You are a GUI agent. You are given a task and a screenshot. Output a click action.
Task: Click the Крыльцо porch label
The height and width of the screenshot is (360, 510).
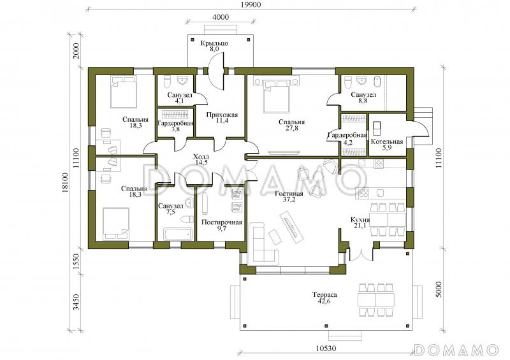[214, 43]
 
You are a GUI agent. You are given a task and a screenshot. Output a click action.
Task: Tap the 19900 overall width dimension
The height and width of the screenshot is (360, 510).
[251, 4]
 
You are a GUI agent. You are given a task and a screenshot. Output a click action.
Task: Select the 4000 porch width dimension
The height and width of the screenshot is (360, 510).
[221, 17]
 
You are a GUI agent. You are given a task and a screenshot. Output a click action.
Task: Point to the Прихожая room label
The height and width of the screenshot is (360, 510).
[222, 115]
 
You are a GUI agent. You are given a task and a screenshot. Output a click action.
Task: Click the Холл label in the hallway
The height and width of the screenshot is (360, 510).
[201, 157]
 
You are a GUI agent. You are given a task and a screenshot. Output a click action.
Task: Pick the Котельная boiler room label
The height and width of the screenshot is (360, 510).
[387, 141]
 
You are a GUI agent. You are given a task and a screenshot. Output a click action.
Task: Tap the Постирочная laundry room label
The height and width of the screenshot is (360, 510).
[222, 222]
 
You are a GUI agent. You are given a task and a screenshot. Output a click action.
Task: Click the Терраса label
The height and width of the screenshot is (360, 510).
[324, 295]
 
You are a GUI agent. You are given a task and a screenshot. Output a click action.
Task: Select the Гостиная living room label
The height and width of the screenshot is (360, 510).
[289, 194]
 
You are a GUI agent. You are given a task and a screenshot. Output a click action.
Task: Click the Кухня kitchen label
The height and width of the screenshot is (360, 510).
[360, 220]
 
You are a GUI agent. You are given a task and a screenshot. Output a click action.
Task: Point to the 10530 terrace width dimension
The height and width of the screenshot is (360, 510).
[326, 349]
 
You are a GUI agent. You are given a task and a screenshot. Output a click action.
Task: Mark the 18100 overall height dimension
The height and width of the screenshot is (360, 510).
[66, 183]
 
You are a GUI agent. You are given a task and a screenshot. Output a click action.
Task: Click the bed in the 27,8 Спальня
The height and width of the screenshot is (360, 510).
[276, 94]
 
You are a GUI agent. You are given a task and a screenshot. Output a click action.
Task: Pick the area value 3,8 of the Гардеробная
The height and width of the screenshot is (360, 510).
[175, 129]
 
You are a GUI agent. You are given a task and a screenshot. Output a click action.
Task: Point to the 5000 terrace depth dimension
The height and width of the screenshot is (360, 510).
[439, 289]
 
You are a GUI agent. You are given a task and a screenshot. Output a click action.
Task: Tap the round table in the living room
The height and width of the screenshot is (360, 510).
[318, 177]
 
